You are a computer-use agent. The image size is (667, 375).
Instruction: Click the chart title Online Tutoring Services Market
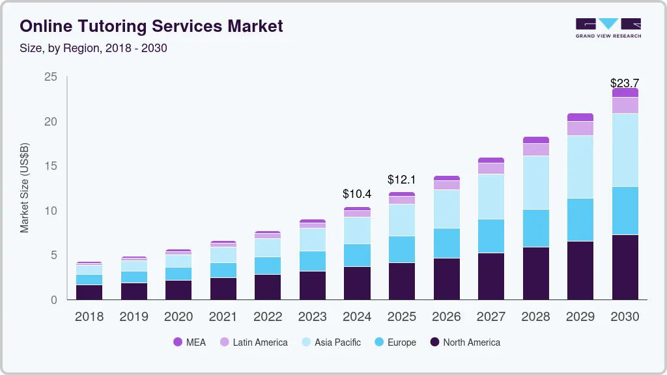click(x=151, y=26)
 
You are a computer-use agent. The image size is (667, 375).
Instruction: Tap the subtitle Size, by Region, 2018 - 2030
click(x=93, y=48)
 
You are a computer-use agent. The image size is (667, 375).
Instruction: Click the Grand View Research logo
click(x=608, y=28)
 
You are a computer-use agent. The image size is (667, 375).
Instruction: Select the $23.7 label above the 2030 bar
click(x=625, y=83)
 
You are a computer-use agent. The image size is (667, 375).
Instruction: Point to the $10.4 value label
click(x=357, y=194)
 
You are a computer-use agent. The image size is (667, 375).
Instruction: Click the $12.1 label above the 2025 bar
click(x=401, y=179)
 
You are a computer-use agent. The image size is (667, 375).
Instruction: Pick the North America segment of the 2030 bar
click(x=625, y=267)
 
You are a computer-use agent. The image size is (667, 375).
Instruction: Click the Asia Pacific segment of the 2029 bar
click(x=580, y=167)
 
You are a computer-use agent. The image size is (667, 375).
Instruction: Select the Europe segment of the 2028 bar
click(x=535, y=228)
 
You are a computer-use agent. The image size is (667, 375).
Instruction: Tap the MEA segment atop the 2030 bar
click(x=625, y=92)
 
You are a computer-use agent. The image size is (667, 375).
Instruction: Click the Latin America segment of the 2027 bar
click(x=490, y=168)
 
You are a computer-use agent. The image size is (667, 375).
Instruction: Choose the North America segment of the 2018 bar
click(x=89, y=292)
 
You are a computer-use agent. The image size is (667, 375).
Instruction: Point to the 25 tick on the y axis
click(x=51, y=77)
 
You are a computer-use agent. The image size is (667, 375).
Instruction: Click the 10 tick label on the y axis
click(x=51, y=211)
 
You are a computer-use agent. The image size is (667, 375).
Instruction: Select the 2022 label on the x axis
click(x=268, y=317)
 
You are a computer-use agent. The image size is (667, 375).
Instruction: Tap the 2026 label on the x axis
click(x=446, y=317)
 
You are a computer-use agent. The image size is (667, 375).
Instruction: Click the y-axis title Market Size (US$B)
click(x=25, y=188)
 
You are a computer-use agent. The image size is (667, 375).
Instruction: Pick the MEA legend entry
click(x=190, y=342)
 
